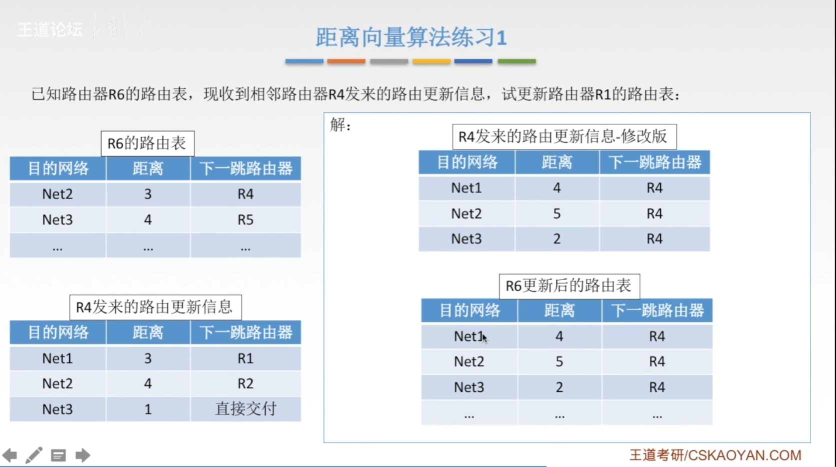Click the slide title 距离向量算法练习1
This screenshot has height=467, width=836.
tap(411, 37)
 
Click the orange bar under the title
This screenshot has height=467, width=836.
tap(346, 61)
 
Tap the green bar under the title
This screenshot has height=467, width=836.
tap(516, 61)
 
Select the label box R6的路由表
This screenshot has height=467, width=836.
tap(147, 143)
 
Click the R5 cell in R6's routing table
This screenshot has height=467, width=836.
tap(245, 219)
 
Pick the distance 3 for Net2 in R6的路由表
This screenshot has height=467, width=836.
tap(148, 193)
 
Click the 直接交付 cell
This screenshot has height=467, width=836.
tap(245, 409)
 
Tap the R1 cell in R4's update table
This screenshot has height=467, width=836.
tap(245, 358)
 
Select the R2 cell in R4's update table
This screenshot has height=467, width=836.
tap(245, 383)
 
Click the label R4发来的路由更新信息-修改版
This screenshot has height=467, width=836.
tap(564, 136)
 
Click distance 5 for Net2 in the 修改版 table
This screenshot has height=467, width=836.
tap(557, 213)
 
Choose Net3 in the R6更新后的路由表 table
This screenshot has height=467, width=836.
tap(469, 387)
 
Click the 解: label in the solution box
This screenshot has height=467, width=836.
tap(340, 124)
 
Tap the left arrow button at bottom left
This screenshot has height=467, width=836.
tap(9, 455)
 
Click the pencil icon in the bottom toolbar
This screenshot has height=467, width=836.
tap(33, 455)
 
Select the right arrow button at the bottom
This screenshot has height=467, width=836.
tap(83, 455)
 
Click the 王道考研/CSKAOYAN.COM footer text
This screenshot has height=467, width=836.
tap(715, 455)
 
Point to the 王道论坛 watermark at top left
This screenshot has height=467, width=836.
tap(49, 29)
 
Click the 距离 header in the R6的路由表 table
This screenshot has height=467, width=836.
tap(148, 168)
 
